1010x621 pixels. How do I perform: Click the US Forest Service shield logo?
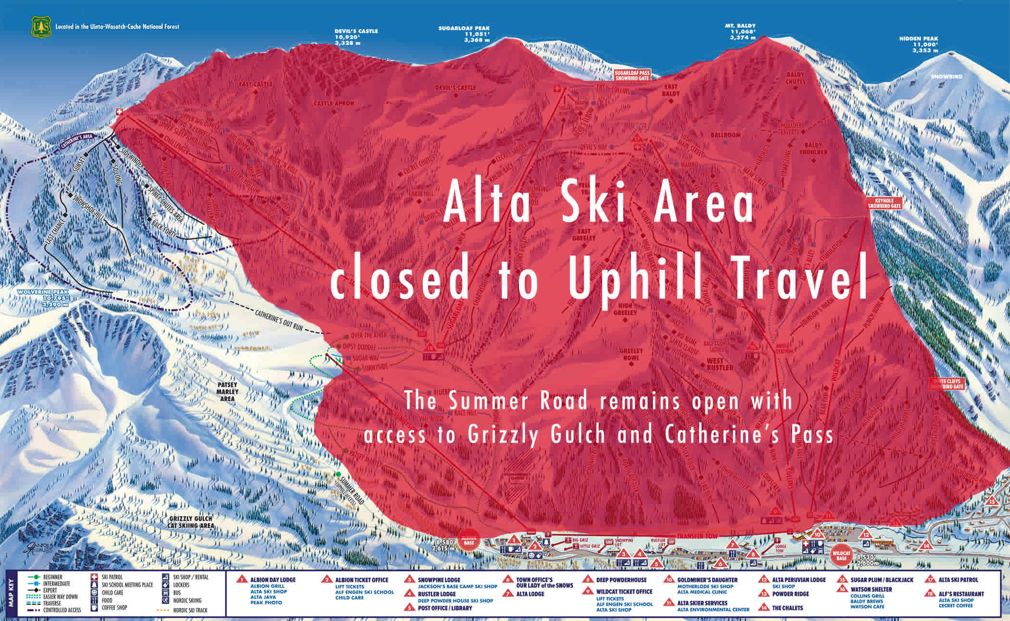[41, 27]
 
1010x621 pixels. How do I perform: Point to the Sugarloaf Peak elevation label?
[464, 34]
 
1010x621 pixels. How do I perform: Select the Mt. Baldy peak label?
[740, 32]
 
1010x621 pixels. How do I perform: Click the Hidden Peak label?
[918, 44]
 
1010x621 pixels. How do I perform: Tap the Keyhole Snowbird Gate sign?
[884, 203]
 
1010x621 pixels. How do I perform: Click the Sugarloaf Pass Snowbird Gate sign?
[632, 75]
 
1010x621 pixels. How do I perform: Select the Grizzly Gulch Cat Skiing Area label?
[190, 522]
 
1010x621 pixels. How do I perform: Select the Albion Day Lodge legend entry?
[273, 580]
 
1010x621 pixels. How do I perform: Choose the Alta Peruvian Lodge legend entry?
[798, 580]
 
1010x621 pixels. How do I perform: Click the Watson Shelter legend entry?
[871, 589]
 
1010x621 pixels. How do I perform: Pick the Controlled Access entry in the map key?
[62, 610]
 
